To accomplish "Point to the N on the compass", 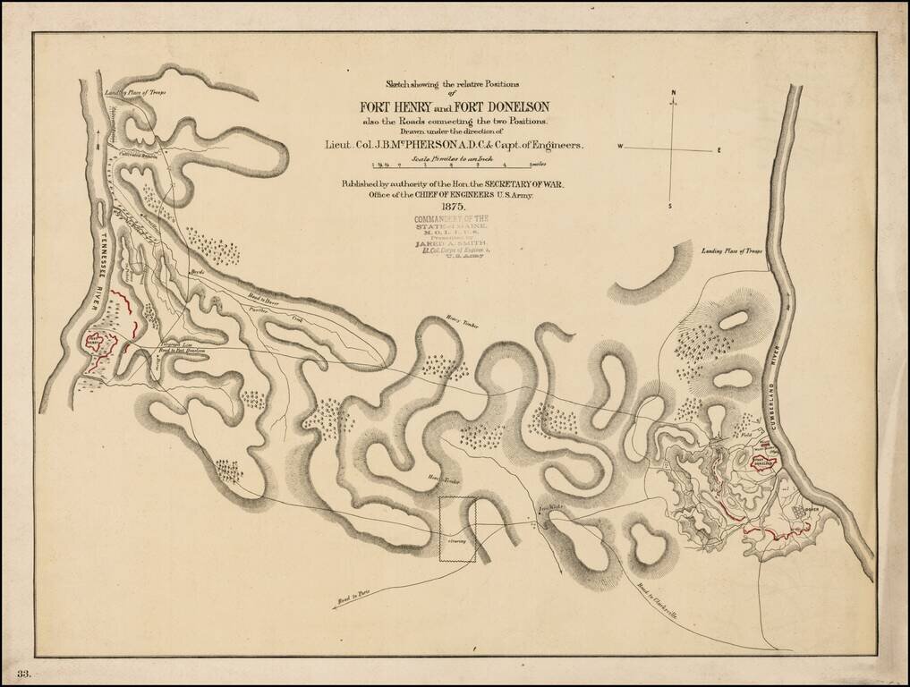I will coord(675,93).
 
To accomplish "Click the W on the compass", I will coord(619,146).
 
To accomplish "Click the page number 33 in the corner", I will coord(24,673).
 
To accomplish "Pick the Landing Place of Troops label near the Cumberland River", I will coord(732,252).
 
